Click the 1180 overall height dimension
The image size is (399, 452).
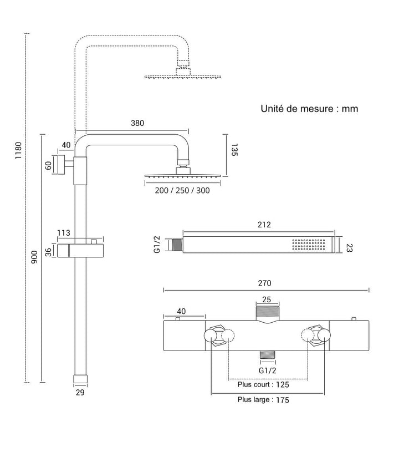point(18,150)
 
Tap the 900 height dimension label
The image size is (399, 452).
point(34,257)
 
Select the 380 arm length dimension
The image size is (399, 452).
point(137,123)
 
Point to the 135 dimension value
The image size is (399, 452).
point(234,150)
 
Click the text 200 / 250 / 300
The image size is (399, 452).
point(182,191)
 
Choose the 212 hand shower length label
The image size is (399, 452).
point(264,225)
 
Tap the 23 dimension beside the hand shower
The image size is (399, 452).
point(349,247)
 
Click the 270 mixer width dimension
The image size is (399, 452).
point(264,283)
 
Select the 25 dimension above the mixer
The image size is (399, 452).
point(267,299)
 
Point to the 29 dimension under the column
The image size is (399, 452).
point(80,392)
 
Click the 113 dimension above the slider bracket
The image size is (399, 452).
point(64,232)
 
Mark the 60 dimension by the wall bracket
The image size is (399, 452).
point(48,165)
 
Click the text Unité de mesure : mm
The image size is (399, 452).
point(309,109)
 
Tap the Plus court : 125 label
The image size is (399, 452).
point(263,384)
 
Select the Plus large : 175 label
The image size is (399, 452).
point(263,400)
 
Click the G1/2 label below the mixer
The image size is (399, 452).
point(267,370)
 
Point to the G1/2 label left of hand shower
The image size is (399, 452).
point(157,245)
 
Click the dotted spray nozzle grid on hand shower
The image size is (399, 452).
point(309,245)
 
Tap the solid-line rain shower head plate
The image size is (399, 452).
point(183,175)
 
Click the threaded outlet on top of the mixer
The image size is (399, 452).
point(268,313)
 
